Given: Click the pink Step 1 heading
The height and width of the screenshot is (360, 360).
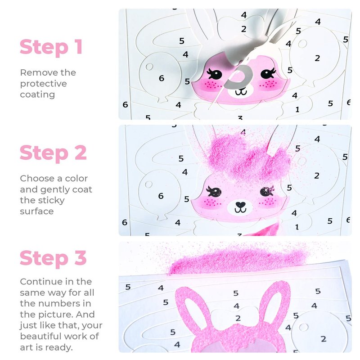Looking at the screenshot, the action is (x=51, y=47).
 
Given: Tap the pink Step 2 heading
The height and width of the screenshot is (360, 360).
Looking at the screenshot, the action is (x=53, y=153).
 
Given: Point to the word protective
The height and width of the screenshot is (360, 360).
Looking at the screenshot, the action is (x=43, y=84).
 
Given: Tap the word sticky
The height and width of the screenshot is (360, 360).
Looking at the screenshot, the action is (x=50, y=200).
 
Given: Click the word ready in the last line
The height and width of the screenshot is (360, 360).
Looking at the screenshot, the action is (x=59, y=347).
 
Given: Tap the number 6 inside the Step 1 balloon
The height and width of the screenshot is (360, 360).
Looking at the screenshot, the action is (x=162, y=78).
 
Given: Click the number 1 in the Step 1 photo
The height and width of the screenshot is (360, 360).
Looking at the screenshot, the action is (x=297, y=109).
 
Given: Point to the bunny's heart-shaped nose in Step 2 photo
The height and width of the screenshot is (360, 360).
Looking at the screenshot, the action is (x=240, y=204).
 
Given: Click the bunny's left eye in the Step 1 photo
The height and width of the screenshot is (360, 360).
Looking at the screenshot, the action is (x=215, y=74).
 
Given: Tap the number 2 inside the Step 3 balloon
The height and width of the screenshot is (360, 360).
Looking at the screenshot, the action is (x=324, y=339).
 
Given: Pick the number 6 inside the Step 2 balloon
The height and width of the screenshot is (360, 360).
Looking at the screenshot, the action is (x=161, y=196).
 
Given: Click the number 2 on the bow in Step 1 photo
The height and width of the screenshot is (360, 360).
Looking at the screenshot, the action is (x=243, y=29).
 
